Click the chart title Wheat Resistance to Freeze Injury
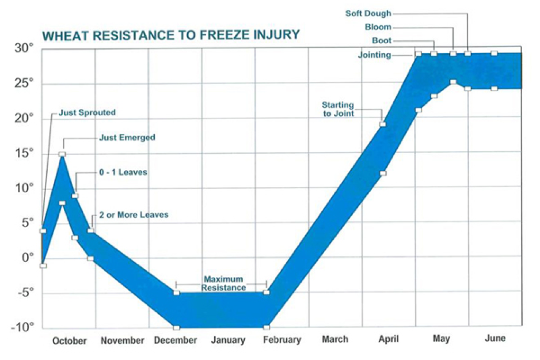click(171, 35)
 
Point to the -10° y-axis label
click(24, 328)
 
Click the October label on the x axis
click(69, 341)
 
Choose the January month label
click(229, 340)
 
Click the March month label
click(334, 339)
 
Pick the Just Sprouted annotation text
click(87, 113)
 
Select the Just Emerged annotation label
click(127, 138)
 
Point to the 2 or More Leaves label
click(134, 215)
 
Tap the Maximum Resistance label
click(224, 283)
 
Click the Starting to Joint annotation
click(338, 109)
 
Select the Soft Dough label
click(368, 13)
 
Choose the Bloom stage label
click(378, 27)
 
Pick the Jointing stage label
click(374, 55)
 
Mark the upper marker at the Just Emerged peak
click(62, 154)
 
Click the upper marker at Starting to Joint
click(383, 124)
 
